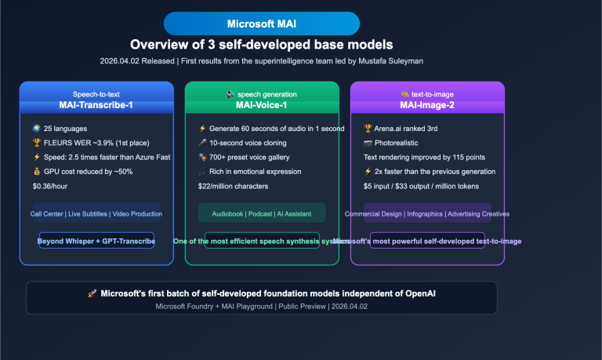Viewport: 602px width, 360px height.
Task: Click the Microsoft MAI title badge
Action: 261,24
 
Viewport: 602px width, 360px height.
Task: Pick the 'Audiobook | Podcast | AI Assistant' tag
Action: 262,213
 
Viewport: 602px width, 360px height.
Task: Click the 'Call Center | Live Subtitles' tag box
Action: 96,213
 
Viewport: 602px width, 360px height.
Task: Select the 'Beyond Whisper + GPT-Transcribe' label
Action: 96,241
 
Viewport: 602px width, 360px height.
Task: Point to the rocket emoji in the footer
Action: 92,293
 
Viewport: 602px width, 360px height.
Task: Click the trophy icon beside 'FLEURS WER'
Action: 37,143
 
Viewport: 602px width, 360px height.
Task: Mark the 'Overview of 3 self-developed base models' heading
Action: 261,44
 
